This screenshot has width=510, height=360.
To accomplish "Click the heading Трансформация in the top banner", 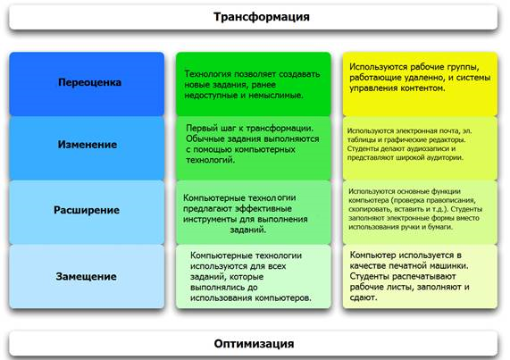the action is (x=262, y=17).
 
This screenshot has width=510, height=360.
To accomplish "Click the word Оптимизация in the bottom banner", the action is (x=254, y=344).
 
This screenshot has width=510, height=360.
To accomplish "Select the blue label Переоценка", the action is (x=90, y=82).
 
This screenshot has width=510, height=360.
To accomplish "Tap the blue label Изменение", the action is (x=88, y=145).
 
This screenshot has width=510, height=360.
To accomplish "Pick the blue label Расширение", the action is (x=87, y=210).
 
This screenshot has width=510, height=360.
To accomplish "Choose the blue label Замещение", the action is (x=87, y=276).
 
